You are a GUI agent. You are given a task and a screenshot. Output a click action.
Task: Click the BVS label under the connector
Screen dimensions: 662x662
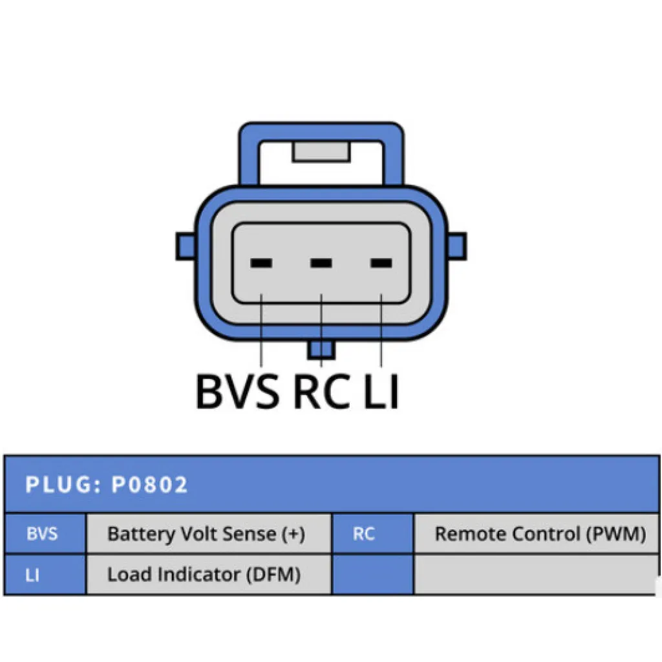(237, 391)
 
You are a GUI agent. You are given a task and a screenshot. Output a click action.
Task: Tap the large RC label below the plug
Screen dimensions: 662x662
(322, 391)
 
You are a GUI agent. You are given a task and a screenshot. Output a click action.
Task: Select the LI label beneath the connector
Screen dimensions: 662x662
(381, 391)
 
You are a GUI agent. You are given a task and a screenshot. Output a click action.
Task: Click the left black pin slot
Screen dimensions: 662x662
(261, 263)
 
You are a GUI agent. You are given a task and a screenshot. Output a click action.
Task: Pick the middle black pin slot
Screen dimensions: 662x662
(321, 263)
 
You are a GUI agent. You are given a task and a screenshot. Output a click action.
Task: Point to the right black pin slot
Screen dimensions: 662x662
(381, 263)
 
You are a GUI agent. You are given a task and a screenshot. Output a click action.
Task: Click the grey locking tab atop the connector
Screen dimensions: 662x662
(321, 152)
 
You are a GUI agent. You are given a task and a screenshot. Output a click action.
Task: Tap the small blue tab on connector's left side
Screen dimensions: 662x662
(186, 246)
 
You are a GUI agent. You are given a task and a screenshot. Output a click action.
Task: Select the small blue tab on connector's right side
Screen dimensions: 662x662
(457, 246)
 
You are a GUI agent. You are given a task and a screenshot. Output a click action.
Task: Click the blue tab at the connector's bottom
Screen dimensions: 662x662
(321, 350)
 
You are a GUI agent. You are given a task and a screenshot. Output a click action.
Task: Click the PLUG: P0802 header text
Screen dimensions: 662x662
(107, 484)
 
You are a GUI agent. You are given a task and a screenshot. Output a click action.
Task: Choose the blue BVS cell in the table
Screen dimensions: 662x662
(45, 533)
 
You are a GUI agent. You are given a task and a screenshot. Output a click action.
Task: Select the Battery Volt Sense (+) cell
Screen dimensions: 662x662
(209, 533)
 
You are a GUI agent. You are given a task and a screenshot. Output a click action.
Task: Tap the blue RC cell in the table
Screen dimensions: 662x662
(373, 533)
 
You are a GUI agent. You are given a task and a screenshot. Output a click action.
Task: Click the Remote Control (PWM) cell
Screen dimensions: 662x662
(537, 533)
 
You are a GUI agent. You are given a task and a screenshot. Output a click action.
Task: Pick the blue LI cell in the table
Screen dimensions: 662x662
(45, 575)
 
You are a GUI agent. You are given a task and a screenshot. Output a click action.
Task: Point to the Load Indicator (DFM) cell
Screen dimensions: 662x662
(209, 575)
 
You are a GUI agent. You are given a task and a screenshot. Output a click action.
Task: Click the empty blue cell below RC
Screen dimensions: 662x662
(373, 575)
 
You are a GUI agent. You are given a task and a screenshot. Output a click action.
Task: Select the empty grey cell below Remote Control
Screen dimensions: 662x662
(537, 575)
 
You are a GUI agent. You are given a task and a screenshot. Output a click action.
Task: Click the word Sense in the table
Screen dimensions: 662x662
(249, 533)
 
